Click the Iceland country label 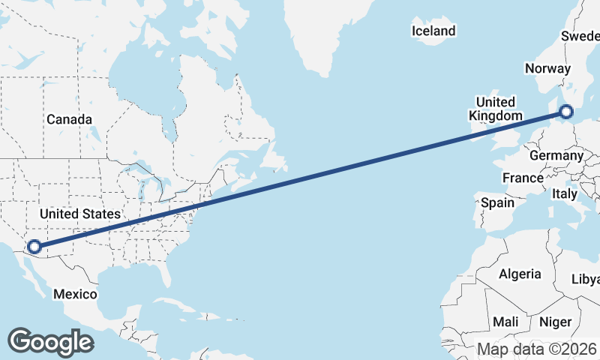[433, 31]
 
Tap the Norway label [547, 68]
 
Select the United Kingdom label [495, 109]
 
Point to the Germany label [556, 155]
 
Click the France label [523, 178]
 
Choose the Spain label [498, 202]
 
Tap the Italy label [565, 193]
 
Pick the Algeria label [520, 274]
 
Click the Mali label [505, 322]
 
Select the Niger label [555, 322]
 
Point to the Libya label [586, 279]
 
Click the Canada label [69, 119]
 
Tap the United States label [79, 214]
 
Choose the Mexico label [75, 294]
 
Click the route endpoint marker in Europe [565, 112]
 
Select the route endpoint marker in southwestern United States [34, 246]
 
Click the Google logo [50, 341]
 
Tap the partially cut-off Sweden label [582, 36]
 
